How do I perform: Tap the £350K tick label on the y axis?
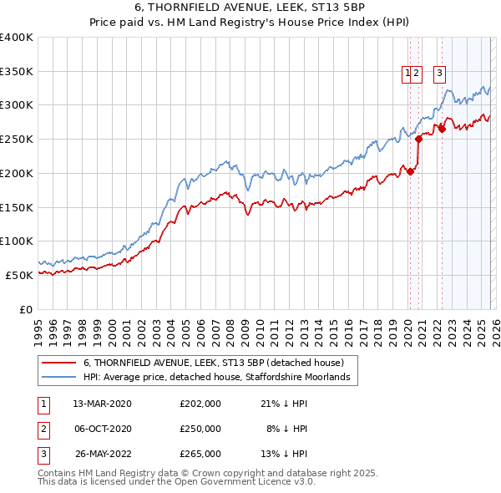coord(17,71)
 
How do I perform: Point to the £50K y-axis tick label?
coord(19,275)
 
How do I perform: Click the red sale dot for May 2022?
coord(442,129)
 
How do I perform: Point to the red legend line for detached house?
coord(59,363)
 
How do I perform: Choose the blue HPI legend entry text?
coord(220,378)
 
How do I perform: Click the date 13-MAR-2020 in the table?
coord(102,404)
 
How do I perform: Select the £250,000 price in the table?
coord(200,429)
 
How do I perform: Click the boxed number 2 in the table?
coord(43,429)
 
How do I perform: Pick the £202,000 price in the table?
coord(200,404)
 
